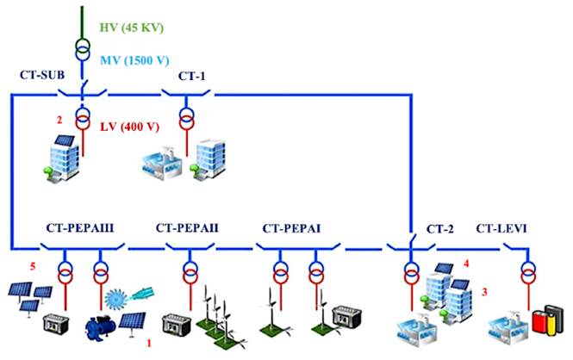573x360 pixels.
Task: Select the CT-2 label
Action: (x=441, y=230)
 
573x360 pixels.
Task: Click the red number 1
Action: (x=151, y=343)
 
